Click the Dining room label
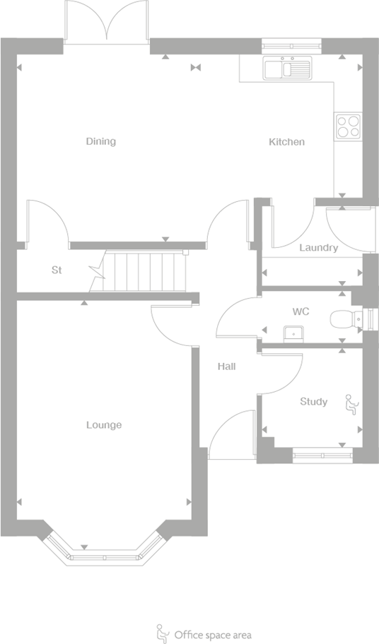100,141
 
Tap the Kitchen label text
286,142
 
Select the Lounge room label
104,424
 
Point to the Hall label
226,366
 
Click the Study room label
313,402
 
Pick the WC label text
301,311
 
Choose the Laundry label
318,248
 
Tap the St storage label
57,270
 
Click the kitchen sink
287,68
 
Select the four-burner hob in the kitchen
347,126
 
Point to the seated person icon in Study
351,403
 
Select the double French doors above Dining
106,21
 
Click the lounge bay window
105,553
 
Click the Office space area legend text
212,635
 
